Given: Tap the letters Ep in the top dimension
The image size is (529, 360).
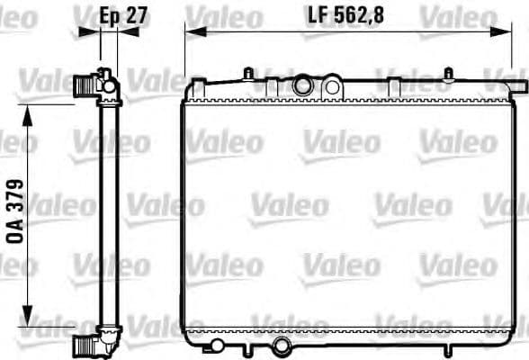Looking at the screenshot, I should tap(108, 15).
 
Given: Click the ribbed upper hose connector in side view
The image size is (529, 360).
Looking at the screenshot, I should tap(85, 86).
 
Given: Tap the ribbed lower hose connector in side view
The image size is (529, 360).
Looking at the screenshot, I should tap(86, 344).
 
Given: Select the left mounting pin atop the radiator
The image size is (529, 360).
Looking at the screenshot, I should tap(247, 73).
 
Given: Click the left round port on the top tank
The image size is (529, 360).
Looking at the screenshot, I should tap(303, 86).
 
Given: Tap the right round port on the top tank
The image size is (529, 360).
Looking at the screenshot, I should tap(332, 87).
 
